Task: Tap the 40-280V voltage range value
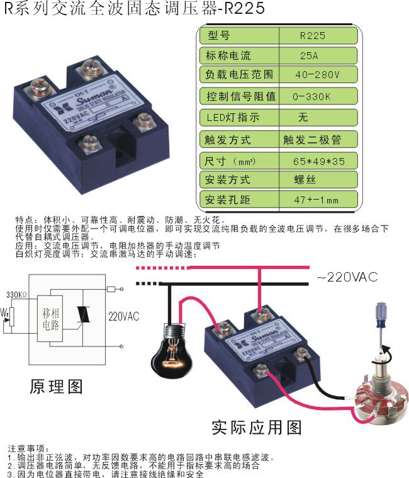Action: (317, 74)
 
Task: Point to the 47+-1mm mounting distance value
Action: (316, 200)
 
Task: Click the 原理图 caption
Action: (56, 385)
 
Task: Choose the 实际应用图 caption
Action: (257, 428)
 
